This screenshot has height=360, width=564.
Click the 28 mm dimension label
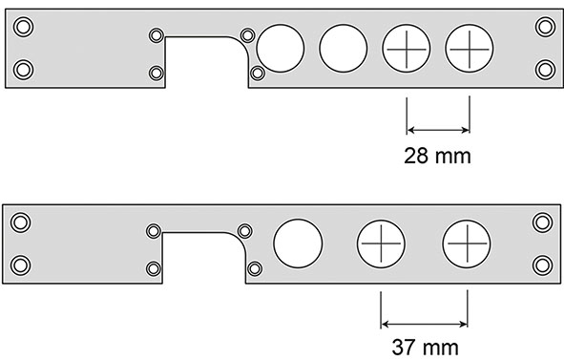pos(438,154)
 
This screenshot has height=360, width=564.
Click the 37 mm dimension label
pos(425,344)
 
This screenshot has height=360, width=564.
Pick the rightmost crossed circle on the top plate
pos(470,45)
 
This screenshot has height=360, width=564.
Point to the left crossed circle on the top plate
pos(406,45)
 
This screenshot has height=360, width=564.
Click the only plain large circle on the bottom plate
pos(297,244)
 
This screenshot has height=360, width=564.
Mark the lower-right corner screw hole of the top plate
pos(544,68)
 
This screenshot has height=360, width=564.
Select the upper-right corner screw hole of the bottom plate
pos(542,222)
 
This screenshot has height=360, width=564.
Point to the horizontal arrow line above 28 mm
pos(438,130)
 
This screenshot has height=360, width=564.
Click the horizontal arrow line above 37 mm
pos(424,321)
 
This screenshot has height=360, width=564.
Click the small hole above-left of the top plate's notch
pos(157,35)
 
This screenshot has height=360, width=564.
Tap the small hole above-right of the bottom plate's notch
pos(244,230)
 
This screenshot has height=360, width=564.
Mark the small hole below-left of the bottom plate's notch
pos(154,270)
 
